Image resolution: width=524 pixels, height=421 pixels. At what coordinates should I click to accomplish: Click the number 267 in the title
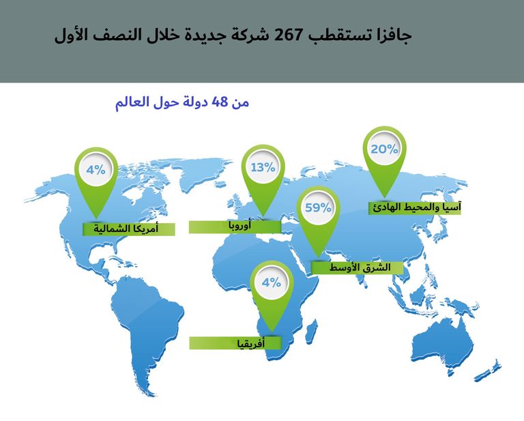288,35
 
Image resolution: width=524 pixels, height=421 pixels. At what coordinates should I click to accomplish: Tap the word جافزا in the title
390,35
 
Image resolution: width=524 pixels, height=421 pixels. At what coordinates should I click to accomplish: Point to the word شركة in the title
250,35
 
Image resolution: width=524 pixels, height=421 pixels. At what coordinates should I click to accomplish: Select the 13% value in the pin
263,167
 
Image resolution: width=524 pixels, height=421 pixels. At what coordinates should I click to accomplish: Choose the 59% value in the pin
318,207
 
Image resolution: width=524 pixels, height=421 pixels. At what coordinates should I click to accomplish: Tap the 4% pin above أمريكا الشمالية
96,170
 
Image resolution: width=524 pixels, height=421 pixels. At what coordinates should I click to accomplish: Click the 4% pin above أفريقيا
271,282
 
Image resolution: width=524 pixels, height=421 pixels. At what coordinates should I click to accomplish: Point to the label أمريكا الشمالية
129,229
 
